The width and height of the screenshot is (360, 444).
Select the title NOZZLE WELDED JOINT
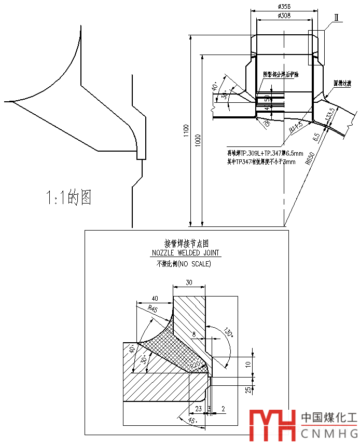pos(186,253)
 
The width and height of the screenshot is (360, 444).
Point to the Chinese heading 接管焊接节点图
pos(186,243)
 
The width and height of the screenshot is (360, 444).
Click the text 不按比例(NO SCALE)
pos(184,264)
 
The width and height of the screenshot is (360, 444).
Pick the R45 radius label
pos(153,309)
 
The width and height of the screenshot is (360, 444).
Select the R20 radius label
pos(196,365)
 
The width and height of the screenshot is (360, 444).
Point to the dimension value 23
pos(198,409)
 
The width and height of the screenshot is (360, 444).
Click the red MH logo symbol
pos(272,425)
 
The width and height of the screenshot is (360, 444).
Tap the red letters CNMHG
pos(329,434)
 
